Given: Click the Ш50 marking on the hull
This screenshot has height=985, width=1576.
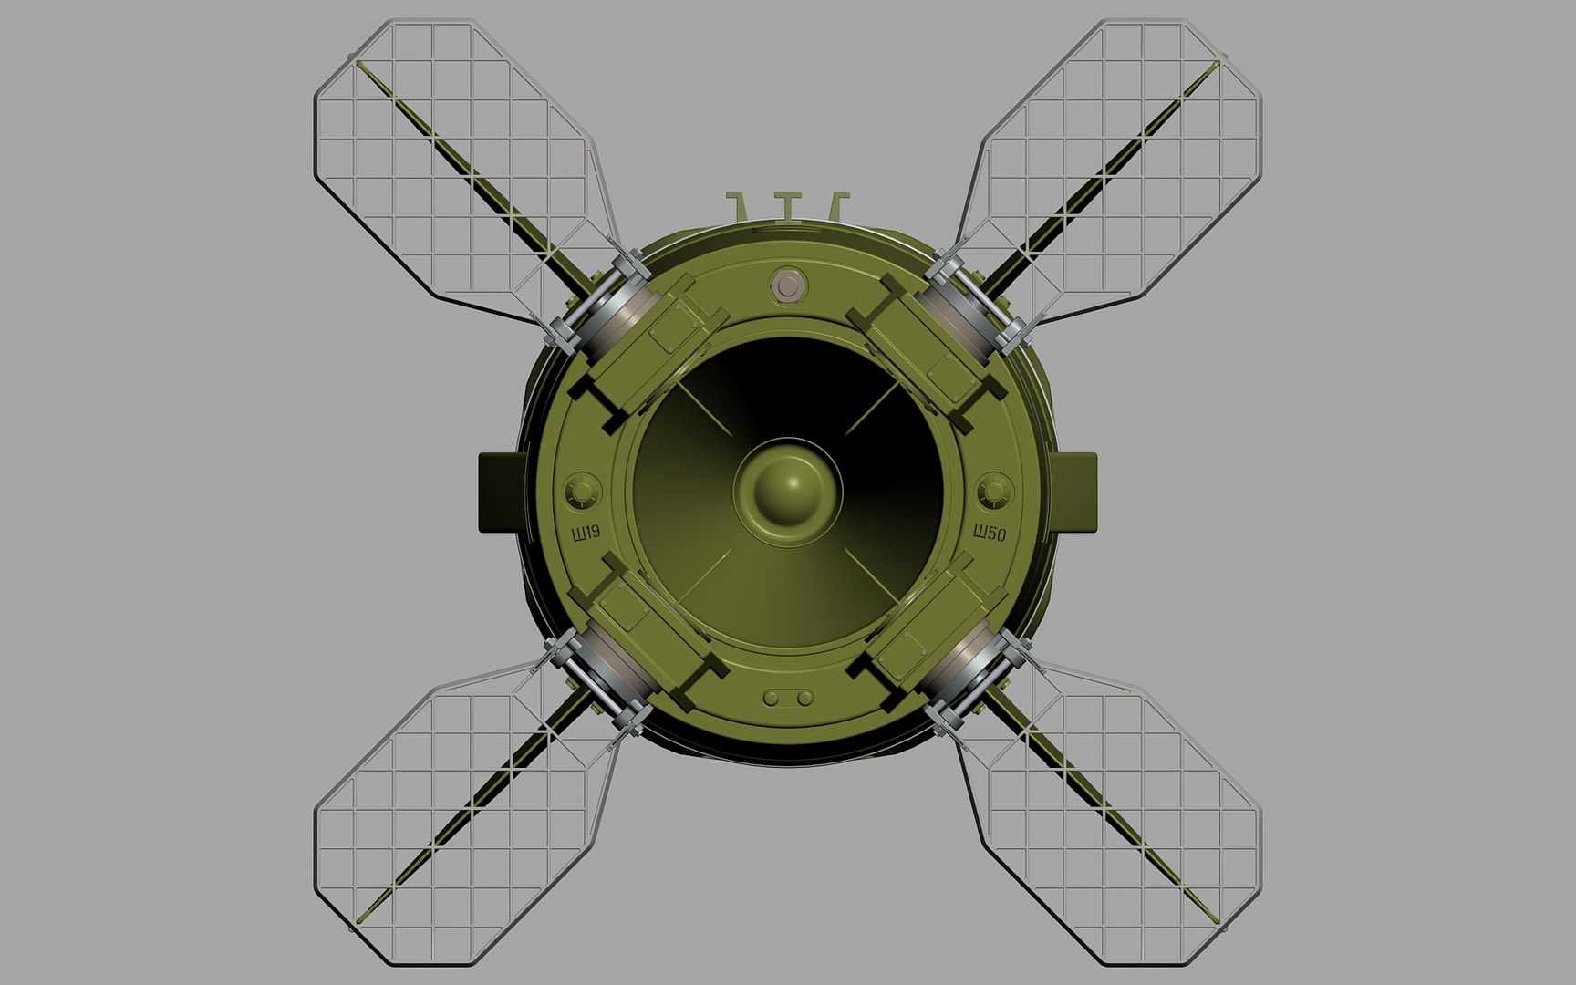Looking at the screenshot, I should [x=990, y=534].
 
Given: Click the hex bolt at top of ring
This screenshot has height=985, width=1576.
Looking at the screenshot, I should [x=785, y=285].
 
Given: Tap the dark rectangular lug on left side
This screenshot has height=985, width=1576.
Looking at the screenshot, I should [x=497, y=492].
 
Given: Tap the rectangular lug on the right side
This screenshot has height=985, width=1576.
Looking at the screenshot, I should [x=1079, y=492].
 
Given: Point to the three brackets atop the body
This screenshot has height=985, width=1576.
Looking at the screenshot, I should [x=788, y=205].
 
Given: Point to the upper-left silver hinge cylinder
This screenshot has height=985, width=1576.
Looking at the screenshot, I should [x=609, y=300].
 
